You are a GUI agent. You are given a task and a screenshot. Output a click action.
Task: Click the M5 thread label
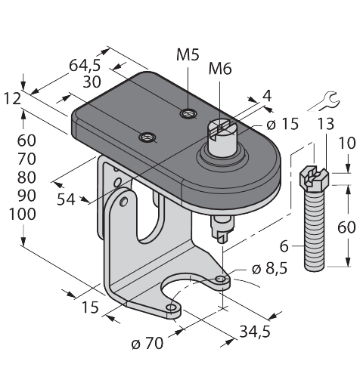188,54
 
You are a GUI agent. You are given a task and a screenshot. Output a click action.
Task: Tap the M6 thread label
220,70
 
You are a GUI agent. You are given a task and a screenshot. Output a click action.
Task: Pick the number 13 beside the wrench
324,125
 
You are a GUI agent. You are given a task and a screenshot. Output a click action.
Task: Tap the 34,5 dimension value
255,332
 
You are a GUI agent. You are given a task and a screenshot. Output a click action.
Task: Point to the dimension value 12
12,98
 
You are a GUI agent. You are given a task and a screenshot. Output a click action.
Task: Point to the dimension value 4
265,96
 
